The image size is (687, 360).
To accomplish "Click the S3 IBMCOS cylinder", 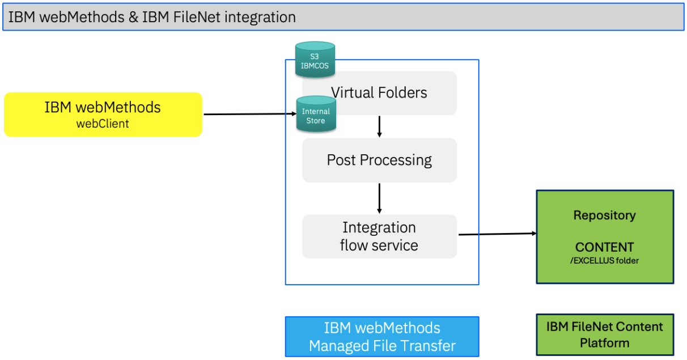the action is click(x=315, y=59).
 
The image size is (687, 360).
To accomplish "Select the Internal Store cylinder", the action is click(x=316, y=114).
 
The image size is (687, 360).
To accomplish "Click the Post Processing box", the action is click(x=379, y=160).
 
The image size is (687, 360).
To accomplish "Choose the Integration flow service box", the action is click(x=379, y=236).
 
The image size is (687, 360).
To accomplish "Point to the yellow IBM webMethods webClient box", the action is click(x=103, y=115).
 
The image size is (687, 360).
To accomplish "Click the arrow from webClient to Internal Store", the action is click(x=250, y=114).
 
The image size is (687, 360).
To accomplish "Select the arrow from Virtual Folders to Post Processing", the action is click(x=379, y=126).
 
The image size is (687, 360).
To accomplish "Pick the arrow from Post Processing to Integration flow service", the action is click(x=379, y=198).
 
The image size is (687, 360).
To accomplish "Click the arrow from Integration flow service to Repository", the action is click(x=498, y=234).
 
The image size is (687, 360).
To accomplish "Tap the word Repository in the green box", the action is click(x=604, y=215).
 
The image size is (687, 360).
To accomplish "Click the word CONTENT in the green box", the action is click(x=604, y=247).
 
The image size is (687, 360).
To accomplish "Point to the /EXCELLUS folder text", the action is click(x=604, y=261).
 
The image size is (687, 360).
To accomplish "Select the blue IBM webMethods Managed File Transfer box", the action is click(x=382, y=337).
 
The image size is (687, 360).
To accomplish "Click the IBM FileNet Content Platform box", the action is click(x=605, y=334).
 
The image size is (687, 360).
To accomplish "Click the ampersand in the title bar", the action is click(x=133, y=17).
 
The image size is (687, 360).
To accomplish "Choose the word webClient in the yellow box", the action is click(x=103, y=124).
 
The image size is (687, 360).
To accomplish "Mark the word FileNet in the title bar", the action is click(x=197, y=17).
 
